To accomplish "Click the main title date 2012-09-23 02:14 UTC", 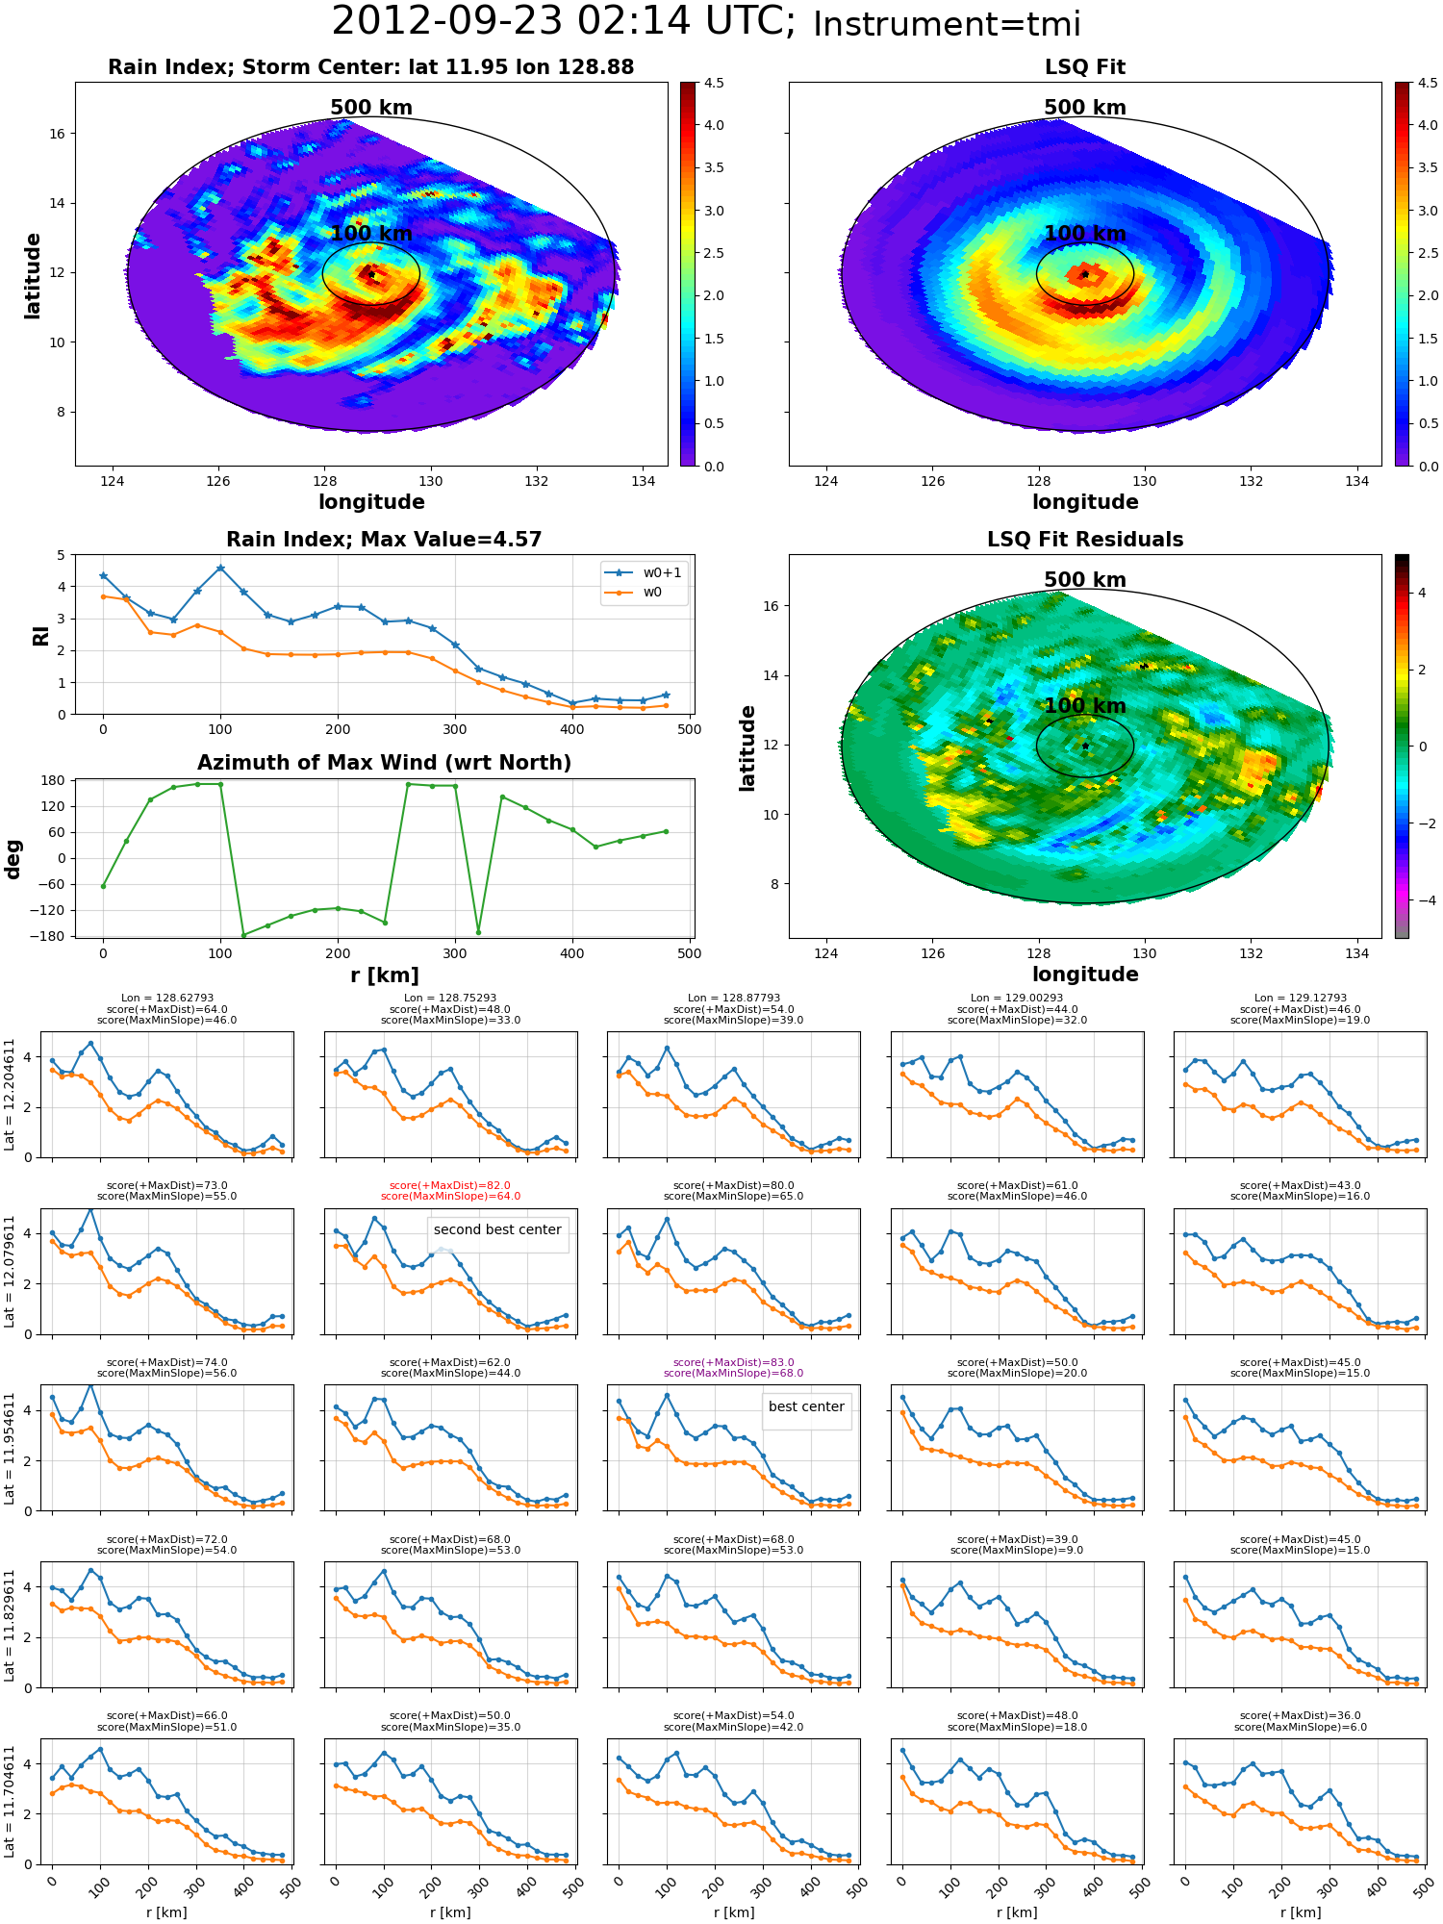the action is point(564,21).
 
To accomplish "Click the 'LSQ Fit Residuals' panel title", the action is point(1085,540).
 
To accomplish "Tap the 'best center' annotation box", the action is point(806,1406).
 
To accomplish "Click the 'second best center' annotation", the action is point(497,1229).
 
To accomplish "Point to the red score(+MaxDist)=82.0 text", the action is point(450,1185).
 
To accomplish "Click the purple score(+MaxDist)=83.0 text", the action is point(734,1362).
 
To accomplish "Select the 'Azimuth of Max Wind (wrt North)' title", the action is point(385,763).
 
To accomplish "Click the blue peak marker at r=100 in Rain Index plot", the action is point(220,568).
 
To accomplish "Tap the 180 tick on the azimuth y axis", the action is point(54,780).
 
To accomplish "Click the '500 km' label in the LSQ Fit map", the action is point(1085,108).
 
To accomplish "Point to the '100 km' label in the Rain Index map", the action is point(371,234).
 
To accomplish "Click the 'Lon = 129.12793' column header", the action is point(1301,998).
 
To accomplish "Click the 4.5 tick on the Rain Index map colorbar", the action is point(714,83).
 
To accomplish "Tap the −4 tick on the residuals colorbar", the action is point(1421,900).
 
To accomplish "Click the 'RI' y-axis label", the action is point(40,635).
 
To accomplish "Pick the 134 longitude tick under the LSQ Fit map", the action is point(1356,481).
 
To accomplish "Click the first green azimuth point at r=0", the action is point(103,886).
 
